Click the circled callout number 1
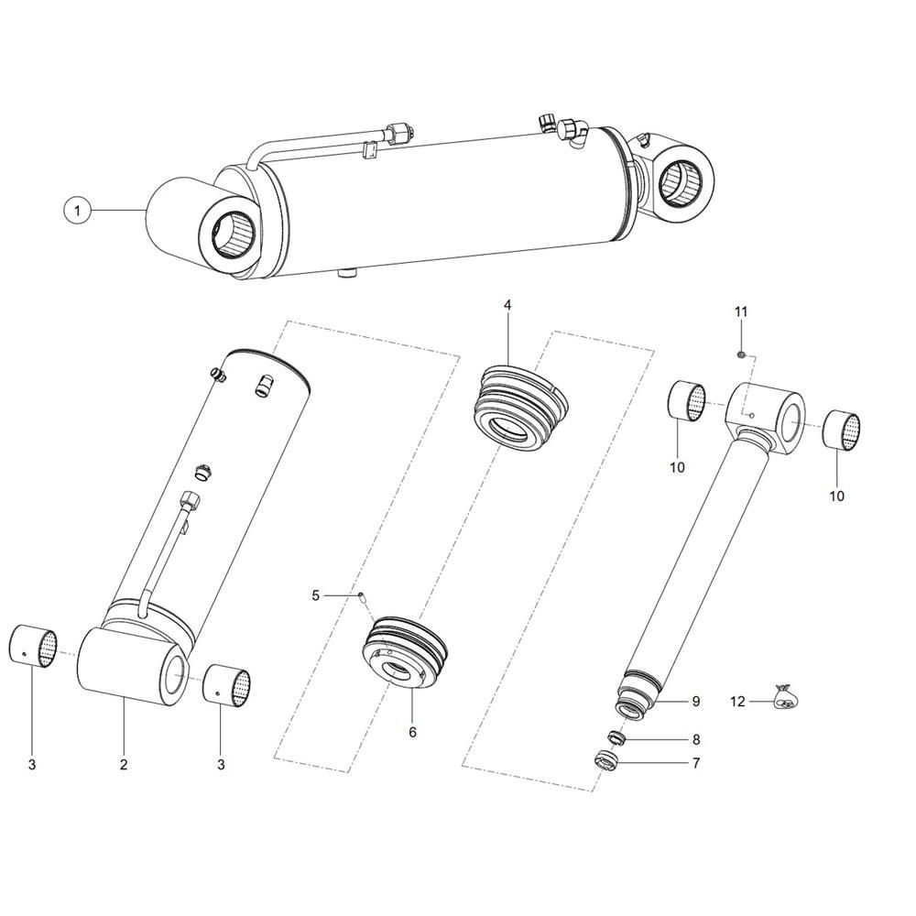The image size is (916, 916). [x=78, y=210]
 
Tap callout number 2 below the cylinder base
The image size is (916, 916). [x=124, y=764]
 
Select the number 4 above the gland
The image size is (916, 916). [x=507, y=305]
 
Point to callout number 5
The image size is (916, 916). [x=315, y=595]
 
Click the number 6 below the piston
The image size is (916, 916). [x=412, y=732]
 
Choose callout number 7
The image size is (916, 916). [x=696, y=763]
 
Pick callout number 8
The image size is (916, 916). [x=696, y=739]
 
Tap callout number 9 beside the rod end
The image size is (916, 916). [x=696, y=701]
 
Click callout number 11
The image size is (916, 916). [x=741, y=311]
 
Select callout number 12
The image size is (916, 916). [x=737, y=701]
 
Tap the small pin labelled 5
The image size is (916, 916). [x=361, y=597]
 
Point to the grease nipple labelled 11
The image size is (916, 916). [x=741, y=354]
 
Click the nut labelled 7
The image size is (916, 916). [x=605, y=761]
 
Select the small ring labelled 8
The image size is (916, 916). [x=616, y=737]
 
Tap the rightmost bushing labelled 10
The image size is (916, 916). [x=843, y=431]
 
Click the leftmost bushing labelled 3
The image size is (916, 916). [x=33, y=646]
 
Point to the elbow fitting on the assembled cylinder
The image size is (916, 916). [x=571, y=134]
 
